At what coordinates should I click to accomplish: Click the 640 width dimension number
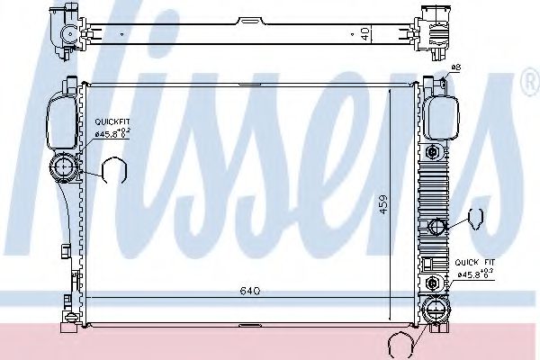point(250,291)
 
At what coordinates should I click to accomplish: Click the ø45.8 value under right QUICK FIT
point(474,275)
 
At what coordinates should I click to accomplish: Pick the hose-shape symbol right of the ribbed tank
point(474,217)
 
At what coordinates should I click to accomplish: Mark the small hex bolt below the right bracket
point(437,148)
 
